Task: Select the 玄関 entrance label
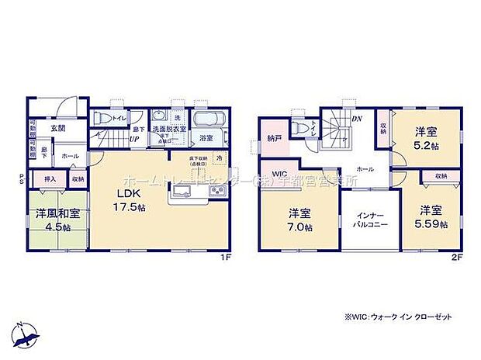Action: [x=58, y=128]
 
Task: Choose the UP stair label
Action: [x=134, y=139]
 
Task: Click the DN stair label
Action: [x=358, y=119]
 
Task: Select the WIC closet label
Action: [x=279, y=173]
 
